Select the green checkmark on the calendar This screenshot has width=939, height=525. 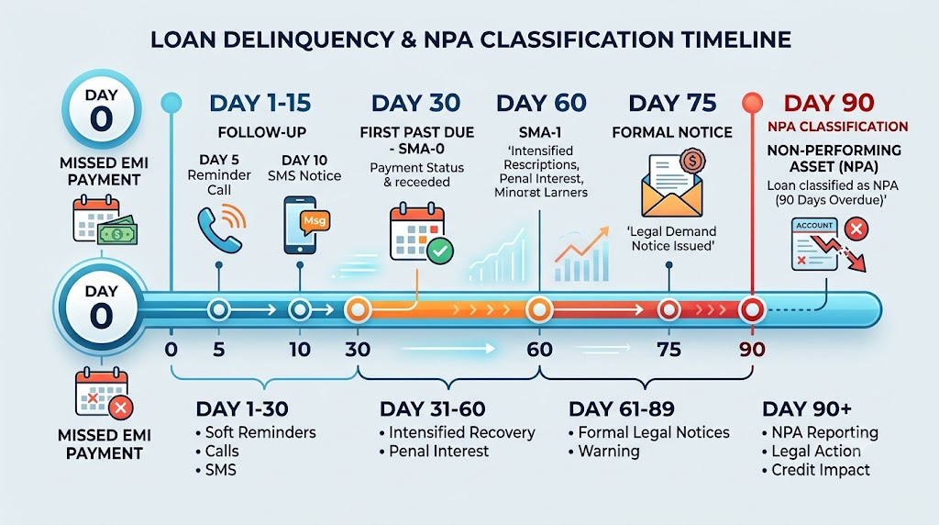pos(440,251)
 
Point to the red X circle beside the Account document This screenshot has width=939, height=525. pos(856,229)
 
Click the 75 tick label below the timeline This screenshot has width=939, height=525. pos(668,350)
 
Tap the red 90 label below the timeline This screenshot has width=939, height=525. pos(752,350)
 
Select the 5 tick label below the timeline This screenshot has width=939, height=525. pos(218,350)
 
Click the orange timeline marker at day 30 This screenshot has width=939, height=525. pos(358,310)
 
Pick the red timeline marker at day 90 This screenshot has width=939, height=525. pos(752,310)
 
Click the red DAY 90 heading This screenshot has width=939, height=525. pos(829,103)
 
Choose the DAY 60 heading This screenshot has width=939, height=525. pos(541,103)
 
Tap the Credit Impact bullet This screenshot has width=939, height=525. pos(815,470)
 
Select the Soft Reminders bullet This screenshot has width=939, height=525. pos(256,432)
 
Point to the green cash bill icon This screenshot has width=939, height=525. pos(117,230)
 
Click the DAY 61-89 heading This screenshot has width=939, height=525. pos(622,409)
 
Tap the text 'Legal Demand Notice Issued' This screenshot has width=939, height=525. pos(673,239)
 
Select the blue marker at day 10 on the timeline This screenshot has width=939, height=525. pos(300,310)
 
